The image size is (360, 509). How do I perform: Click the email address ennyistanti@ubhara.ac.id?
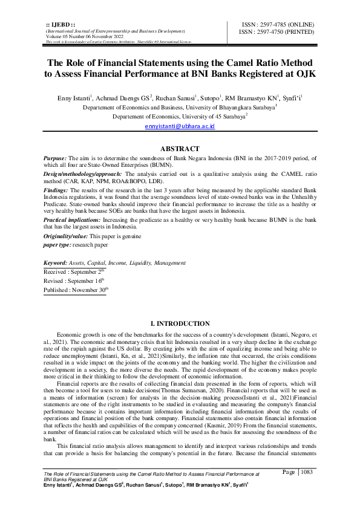coord(180,126)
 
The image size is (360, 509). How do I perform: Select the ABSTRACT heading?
coord(180,149)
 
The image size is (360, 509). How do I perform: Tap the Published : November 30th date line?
coord(75,290)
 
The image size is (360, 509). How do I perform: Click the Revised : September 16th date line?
coord(74,280)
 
